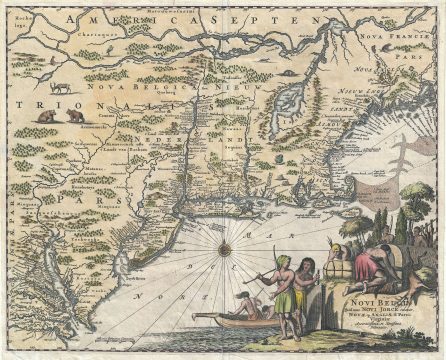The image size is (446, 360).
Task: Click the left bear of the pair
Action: [44, 117]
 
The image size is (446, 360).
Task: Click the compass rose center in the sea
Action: [224, 248]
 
